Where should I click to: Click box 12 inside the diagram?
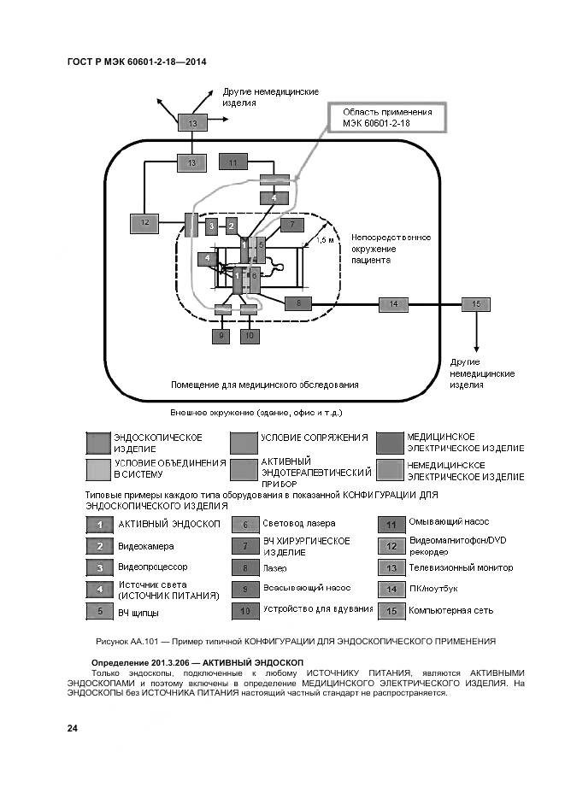point(144,224)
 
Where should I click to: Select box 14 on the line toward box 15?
point(393,304)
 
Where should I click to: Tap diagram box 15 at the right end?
point(476,304)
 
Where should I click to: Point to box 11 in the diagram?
point(232,161)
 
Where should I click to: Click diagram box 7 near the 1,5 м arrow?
point(291,226)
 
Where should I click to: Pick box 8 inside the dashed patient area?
point(297,303)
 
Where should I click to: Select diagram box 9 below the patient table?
point(222,336)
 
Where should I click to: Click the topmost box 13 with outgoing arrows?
point(192,124)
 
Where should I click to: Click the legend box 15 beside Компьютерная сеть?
point(391,611)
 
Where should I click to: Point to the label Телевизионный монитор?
point(461,567)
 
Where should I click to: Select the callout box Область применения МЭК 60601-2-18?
point(387,118)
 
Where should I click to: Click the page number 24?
point(73,728)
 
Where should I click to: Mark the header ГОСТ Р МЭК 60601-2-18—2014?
point(136,62)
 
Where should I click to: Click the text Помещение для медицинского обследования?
point(264,385)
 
